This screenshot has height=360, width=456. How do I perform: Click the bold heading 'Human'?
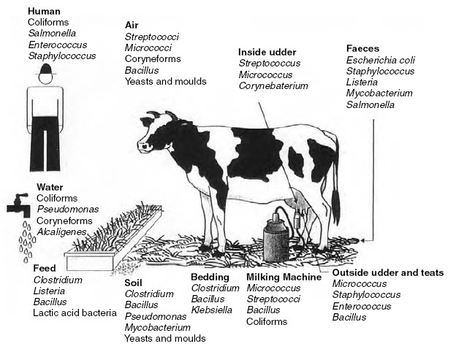click(x=44, y=12)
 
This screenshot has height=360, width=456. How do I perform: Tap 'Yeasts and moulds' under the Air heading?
click(x=166, y=81)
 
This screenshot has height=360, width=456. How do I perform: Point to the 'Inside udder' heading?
click(x=267, y=52)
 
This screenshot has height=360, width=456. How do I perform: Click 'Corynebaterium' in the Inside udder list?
click(x=275, y=86)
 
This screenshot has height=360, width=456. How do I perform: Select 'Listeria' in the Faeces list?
click(x=363, y=82)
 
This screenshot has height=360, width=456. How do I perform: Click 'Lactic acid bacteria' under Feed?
click(x=75, y=313)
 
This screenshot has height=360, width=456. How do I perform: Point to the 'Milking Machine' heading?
click(x=284, y=277)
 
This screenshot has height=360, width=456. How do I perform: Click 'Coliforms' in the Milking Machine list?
click(x=267, y=321)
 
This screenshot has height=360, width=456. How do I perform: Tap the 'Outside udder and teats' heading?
click(x=387, y=272)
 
